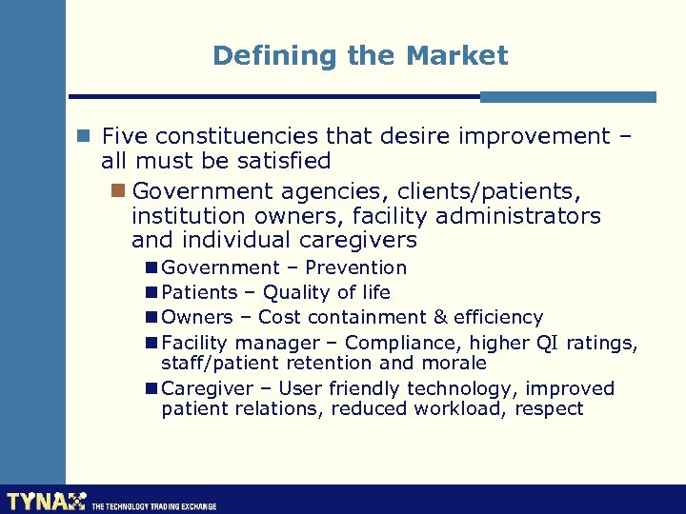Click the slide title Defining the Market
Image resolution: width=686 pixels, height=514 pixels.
pyautogui.click(x=360, y=55)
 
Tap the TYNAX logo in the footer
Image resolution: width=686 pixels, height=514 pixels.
pyautogui.click(x=46, y=501)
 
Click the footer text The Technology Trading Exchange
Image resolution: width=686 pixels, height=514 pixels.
pyautogui.click(x=153, y=506)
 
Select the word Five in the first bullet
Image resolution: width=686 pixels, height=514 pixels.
pyautogui.click(x=126, y=136)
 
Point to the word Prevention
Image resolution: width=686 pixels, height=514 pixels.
pyautogui.click(x=356, y=267)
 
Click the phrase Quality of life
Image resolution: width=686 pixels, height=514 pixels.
pyautogui.click(x=327, y=292)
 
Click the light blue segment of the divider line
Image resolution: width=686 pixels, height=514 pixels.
pyautogui.click(x=568, y=96)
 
